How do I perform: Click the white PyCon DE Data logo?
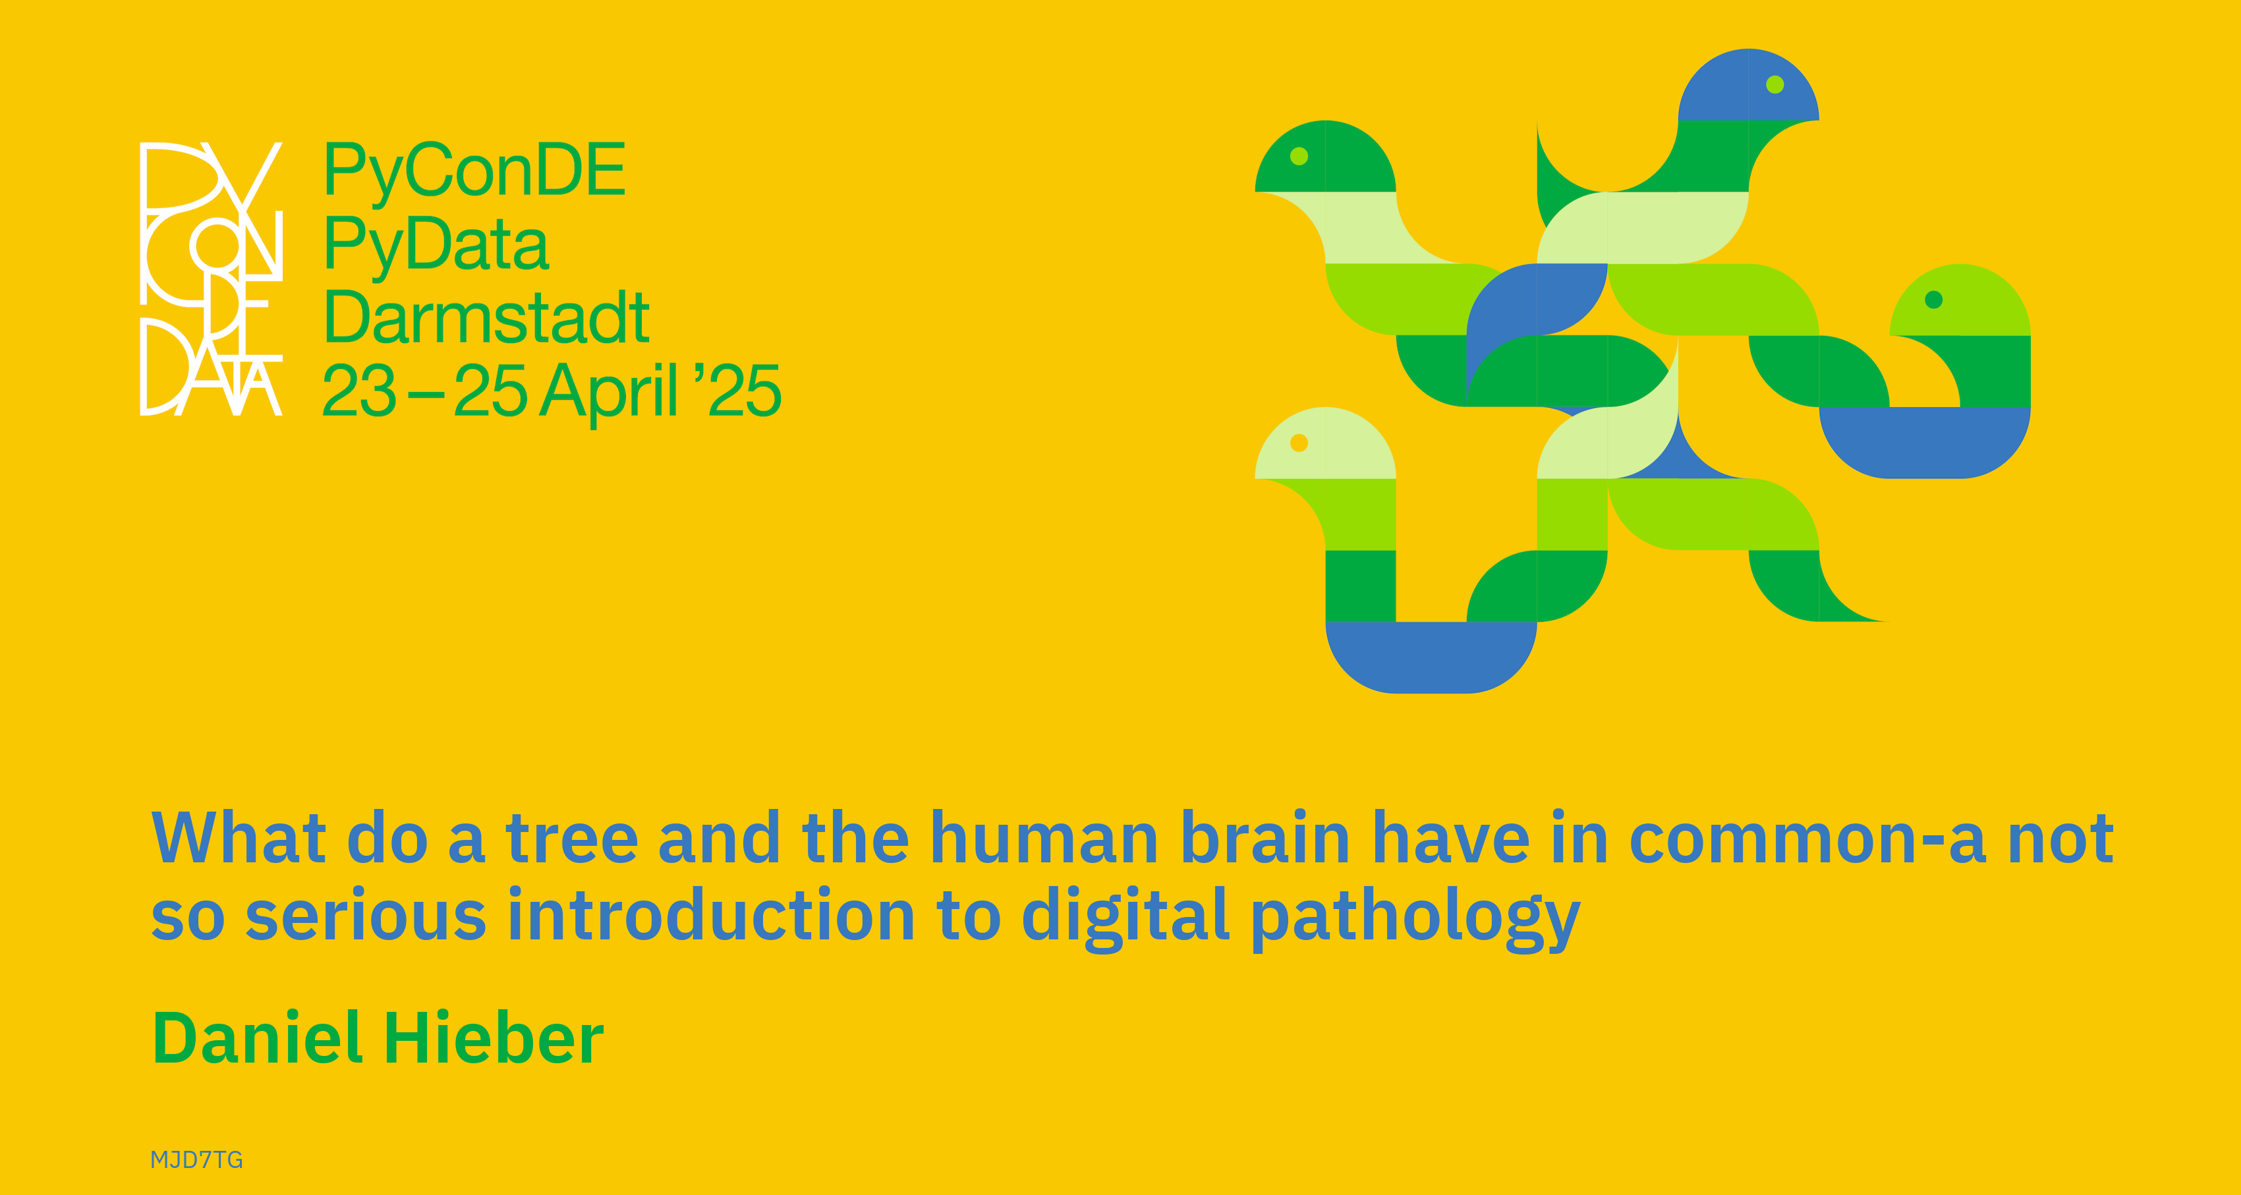coord(212,278)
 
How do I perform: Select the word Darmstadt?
coord(486,317)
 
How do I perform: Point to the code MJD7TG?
coord(196,1159)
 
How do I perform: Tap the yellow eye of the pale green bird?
coord(1299,443)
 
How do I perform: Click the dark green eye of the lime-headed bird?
coord(1934,300)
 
